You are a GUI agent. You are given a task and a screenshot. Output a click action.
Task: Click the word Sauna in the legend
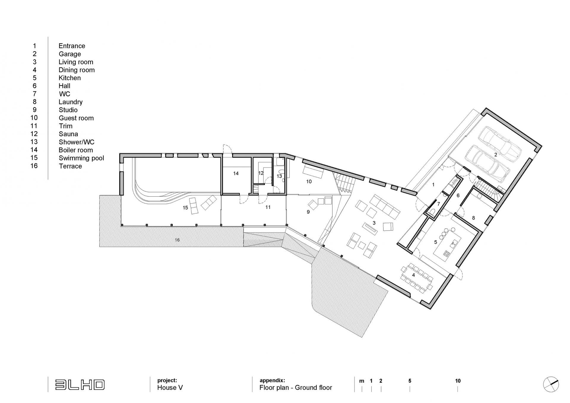tap(68, 134)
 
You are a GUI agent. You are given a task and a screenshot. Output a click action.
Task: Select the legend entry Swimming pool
tap(81, 158)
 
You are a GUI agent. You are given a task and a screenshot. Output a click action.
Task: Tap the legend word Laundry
tap(70, 102)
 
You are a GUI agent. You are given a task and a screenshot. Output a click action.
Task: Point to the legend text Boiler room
tap(76, 150)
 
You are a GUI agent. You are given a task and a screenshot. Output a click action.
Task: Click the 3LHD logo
tap(80, 385)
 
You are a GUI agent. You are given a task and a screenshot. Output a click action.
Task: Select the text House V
tap(170, 388)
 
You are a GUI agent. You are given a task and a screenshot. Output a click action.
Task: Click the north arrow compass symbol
tap(551, 384)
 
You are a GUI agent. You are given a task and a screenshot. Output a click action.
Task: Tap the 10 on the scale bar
tap(458, 381)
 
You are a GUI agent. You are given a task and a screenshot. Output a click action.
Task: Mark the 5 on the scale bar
tap(410, 381)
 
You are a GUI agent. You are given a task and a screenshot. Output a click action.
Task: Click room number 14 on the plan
tap(236, 173)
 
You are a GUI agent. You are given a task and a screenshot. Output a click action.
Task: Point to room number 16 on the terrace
tap(177, 240)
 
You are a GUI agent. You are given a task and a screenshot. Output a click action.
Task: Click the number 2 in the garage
tap(495, 155)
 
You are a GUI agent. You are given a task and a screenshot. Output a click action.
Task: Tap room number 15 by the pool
tap(185, 208)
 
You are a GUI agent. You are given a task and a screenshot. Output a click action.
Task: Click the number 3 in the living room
tap(374, 223)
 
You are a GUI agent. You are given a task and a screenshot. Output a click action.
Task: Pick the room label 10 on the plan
tap(309, 181)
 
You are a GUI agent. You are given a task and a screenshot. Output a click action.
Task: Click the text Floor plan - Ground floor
tap(296, 388)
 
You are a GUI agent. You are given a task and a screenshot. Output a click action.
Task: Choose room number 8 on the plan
tap(474, 218)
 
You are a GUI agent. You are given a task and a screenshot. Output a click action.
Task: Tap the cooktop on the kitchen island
tap(446, 253)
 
